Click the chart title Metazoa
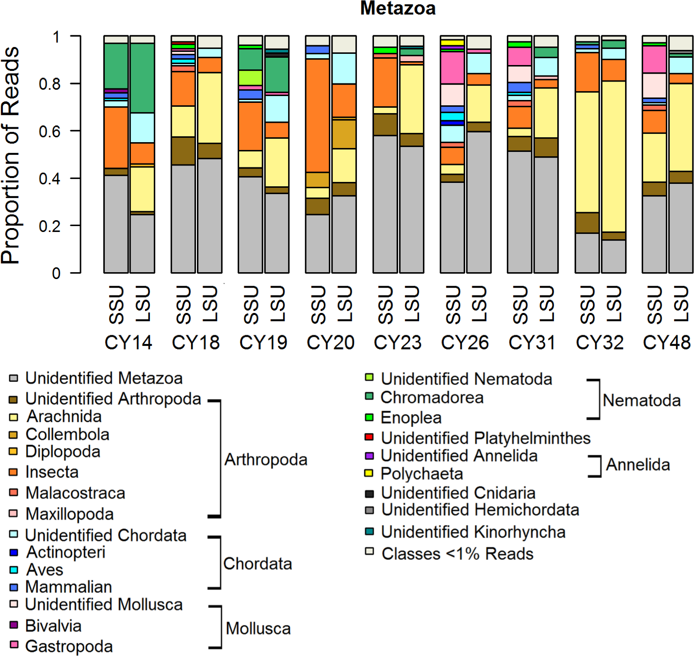point(398,8)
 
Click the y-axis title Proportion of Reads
point(11,155)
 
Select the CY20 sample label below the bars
point(330,343)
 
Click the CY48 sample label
point(666,343)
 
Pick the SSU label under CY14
point(116,305)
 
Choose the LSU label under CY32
point(613,305)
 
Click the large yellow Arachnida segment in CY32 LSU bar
point(613,155)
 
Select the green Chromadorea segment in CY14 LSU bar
point(143,78)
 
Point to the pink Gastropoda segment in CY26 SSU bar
point(452,67)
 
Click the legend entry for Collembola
point(67,434)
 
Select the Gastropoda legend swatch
point(14,645)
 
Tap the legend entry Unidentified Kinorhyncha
point(473,532)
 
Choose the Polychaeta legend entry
point(421,473)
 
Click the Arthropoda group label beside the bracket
point(266,459)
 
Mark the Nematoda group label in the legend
point(641,400)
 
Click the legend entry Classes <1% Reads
point(457,553)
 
